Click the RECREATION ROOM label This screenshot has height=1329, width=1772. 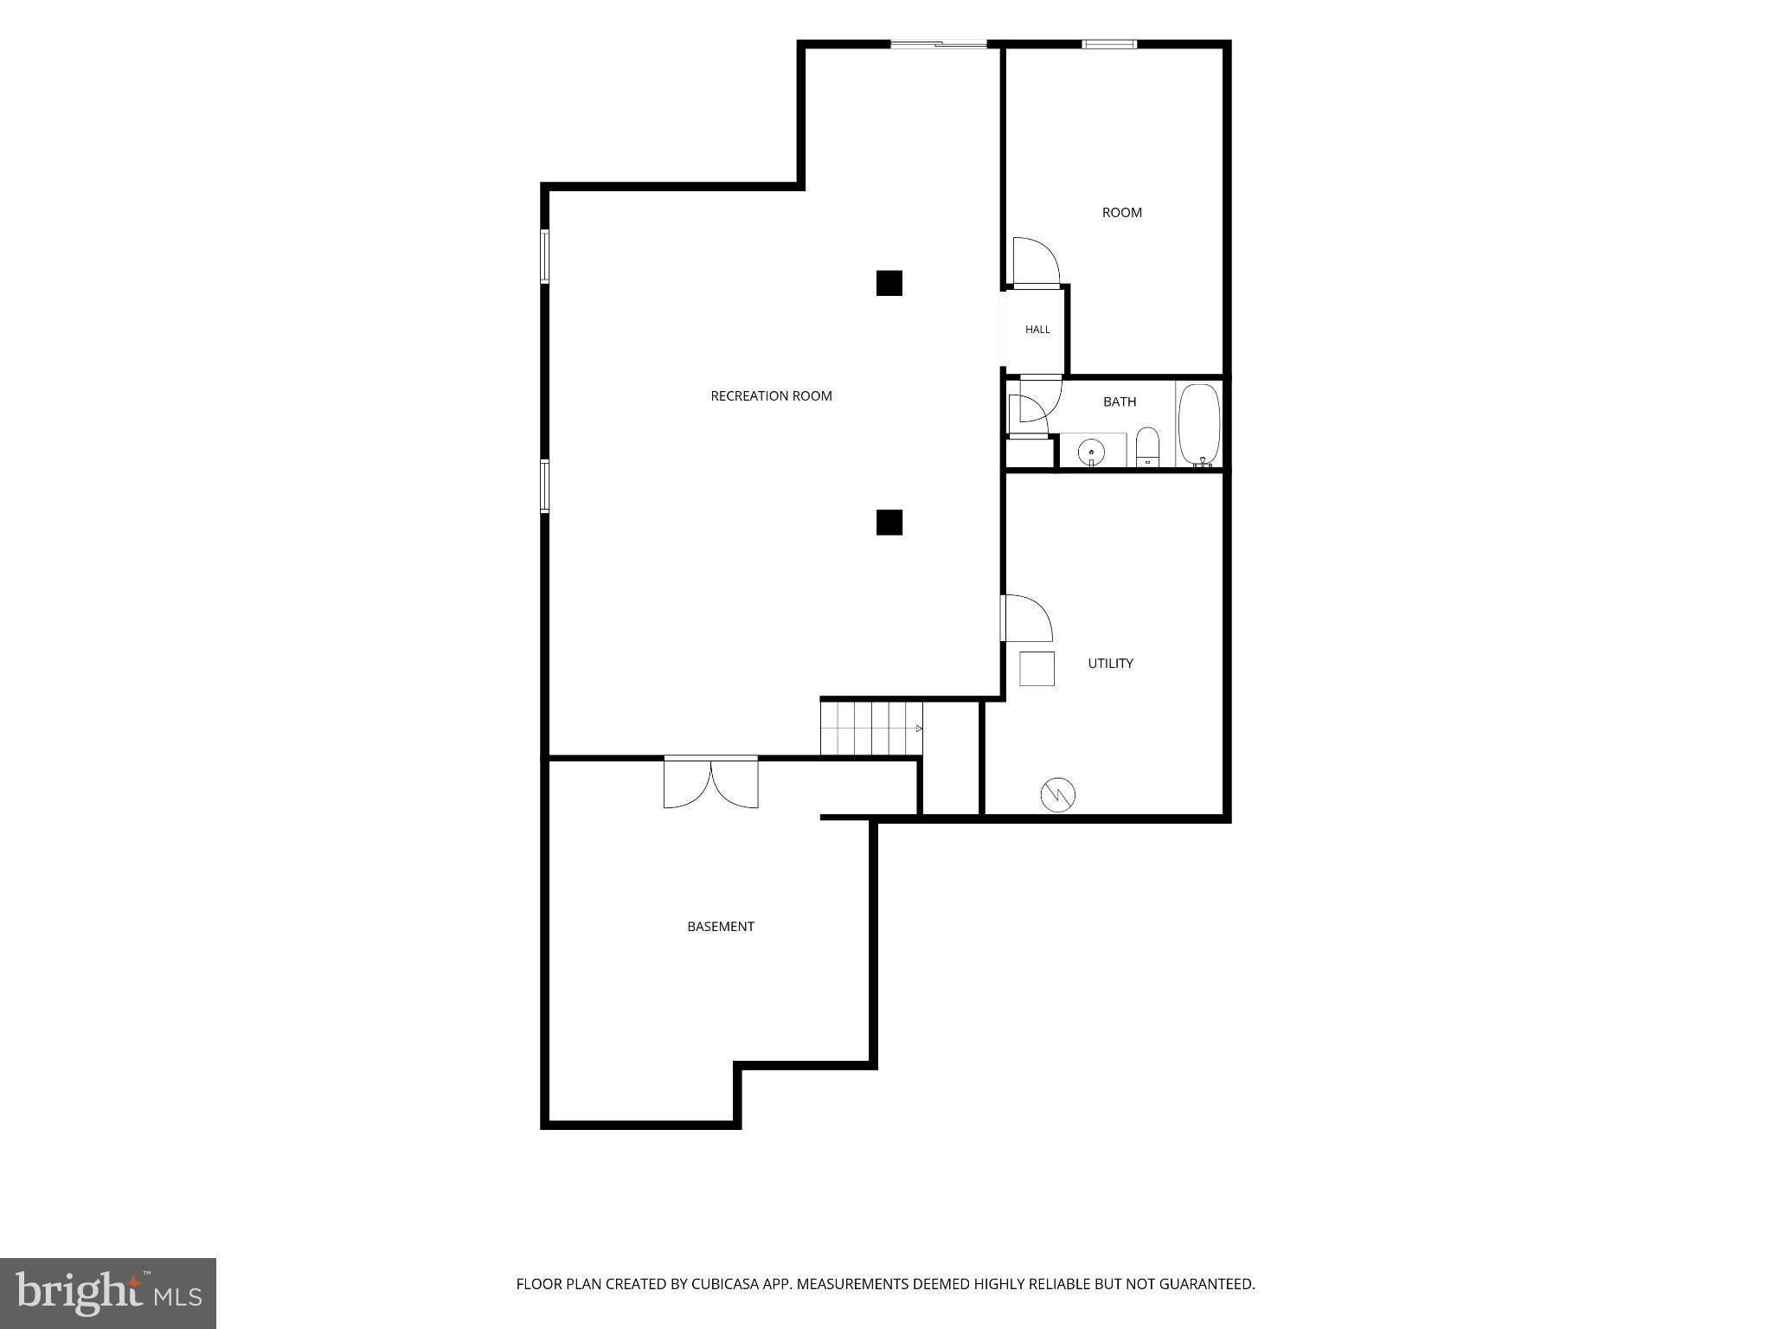771,396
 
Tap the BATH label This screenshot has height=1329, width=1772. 1120,401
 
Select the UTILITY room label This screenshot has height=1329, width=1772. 1110,664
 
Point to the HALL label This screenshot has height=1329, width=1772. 1037,330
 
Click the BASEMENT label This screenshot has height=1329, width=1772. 721,927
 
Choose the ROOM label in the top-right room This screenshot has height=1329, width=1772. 1121,213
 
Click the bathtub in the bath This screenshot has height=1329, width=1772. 1199,424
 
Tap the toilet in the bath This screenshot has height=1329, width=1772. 1147,446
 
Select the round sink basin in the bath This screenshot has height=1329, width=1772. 1092,451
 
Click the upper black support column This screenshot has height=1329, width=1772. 889,283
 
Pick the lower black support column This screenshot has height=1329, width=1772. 889,523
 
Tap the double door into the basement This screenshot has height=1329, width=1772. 711,782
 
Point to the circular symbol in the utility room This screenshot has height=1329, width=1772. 1057,794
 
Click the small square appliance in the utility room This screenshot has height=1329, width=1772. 1037,668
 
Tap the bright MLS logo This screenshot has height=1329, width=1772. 108,1294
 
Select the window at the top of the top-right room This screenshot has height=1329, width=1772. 1109,44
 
